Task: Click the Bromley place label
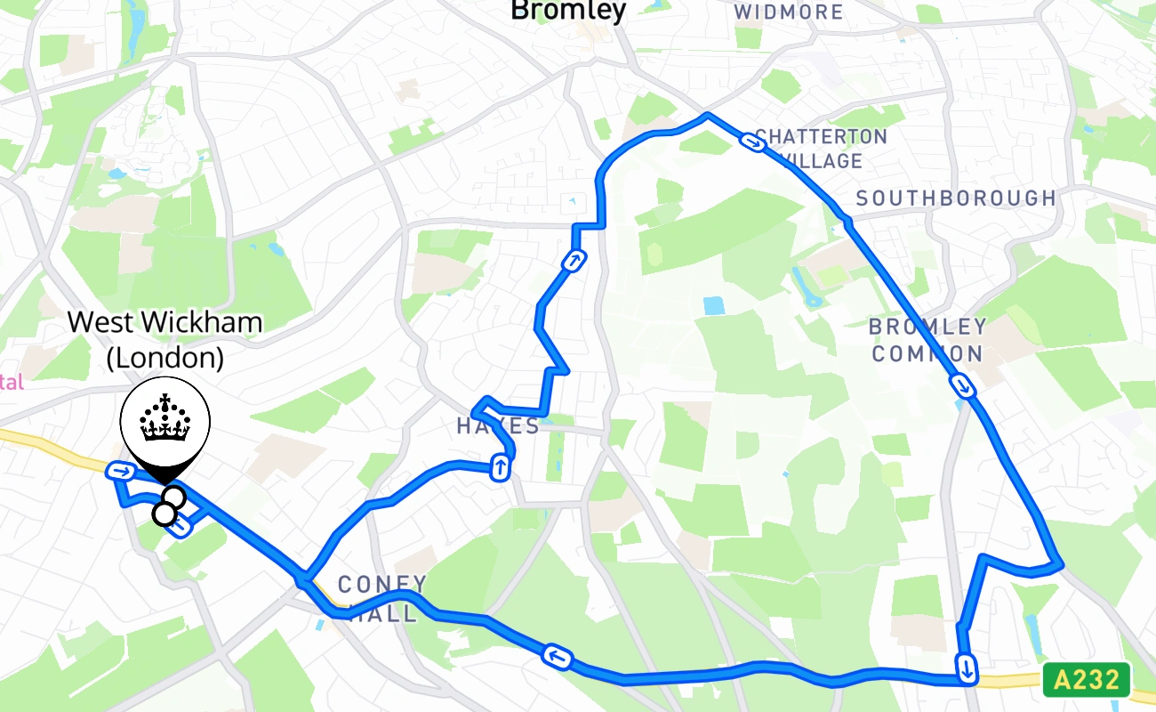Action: coord(567,11)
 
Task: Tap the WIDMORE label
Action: coord(789,12)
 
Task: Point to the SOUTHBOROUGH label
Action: coord(956,198)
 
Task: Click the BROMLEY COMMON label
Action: coord(927,340)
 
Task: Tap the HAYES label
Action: coord(498,425)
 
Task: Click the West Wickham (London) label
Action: coord(165,339)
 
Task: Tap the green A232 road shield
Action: coord(1086,680)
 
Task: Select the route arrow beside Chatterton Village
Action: coord(755,142)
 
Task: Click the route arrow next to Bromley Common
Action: coord(962,386)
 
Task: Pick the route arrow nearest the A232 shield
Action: coord(966,666)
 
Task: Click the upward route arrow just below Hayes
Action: coord(501,466)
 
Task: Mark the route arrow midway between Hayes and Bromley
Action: coord(574,261)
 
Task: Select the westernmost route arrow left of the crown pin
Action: coord(120,470)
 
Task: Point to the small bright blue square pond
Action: coord(713,306)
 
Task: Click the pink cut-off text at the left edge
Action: coord(11,383)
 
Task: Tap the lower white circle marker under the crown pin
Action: coord(165,514)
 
